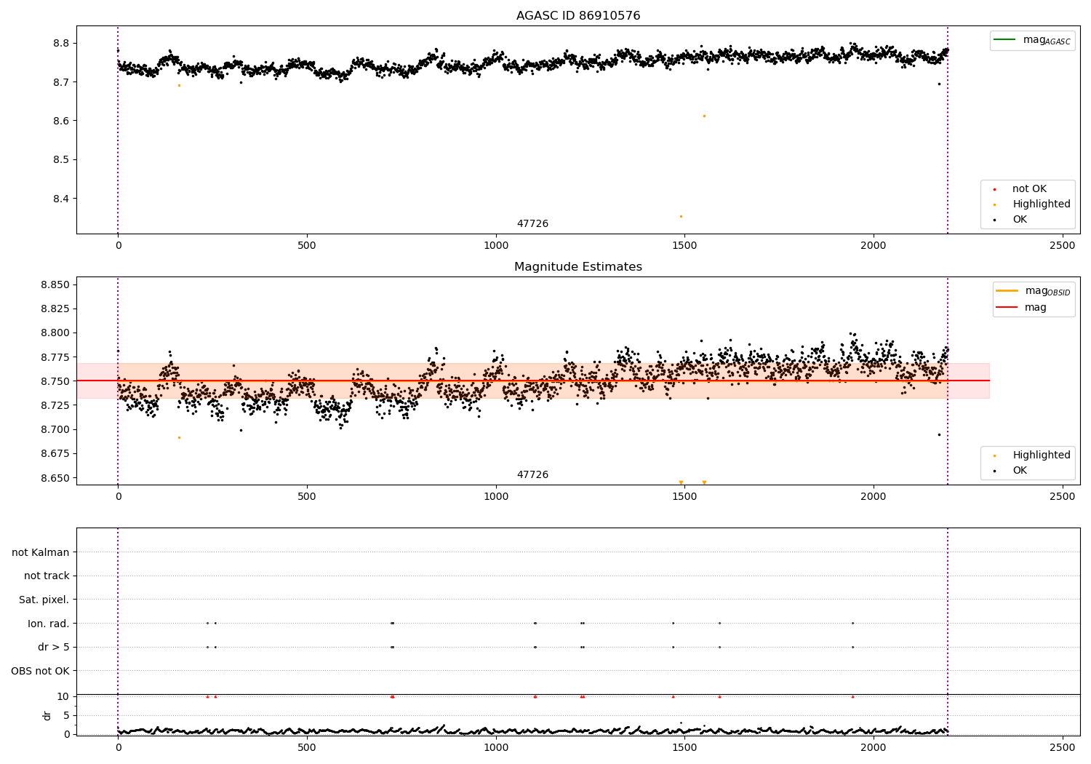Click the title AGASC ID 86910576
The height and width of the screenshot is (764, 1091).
coord(578,16)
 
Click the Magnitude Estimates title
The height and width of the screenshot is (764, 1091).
coord(578,267)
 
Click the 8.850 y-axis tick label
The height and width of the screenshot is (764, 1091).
coord(55,284)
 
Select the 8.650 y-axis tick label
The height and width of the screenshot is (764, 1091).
coord(55,478)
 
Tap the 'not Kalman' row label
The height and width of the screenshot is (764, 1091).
coord(41,552)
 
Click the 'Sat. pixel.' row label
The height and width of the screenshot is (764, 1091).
coord(44,600)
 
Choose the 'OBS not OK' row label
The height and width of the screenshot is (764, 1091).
coord(41,671)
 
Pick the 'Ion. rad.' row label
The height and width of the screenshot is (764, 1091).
coord(49,624)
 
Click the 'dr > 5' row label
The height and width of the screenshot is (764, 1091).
coord(54,647)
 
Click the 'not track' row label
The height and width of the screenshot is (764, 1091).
coord(47,576)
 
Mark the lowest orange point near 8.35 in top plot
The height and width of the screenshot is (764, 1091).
coord(681,216)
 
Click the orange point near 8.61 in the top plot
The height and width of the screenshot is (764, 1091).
coord(704,116)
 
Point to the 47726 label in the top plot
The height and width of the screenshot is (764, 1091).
coord(532,224)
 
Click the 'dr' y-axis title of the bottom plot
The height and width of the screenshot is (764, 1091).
coord(47,715)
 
